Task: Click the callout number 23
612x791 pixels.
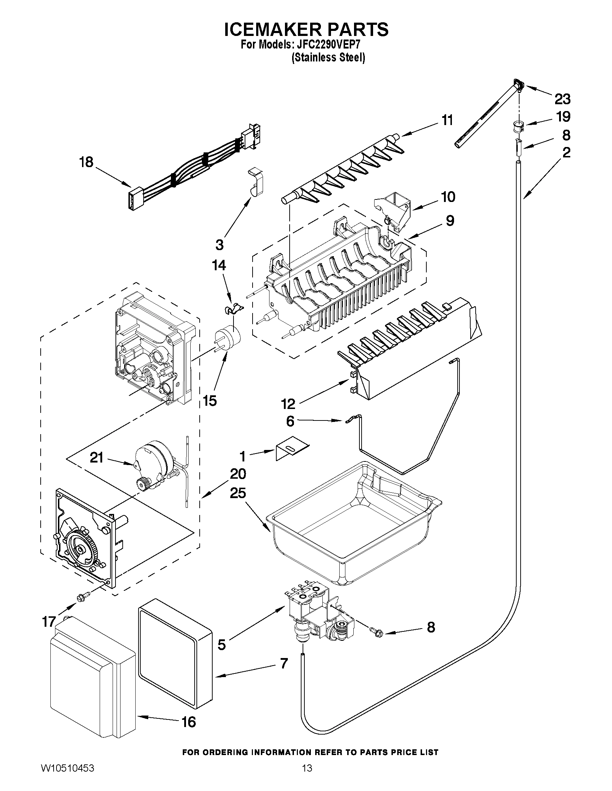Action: pyautogui.click(x=562, y=98)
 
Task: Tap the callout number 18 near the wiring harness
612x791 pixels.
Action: pyautogui.click(x=86, y=162)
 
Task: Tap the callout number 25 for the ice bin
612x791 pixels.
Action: pyautogui.click(x=238, y=493)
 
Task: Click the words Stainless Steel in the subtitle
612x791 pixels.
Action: pyautogui.click(x=328, y=58)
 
